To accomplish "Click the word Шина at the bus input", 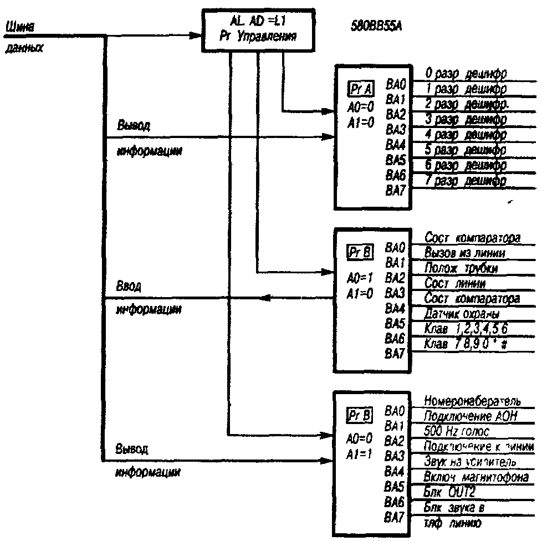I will (x=19, y=25).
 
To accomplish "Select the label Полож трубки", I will (x=461, y=268).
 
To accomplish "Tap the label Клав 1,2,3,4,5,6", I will (x=466, y=329).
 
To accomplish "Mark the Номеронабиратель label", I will (x=471, y=400).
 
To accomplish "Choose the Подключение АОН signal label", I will (x=471, y=416).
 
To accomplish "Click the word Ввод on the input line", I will (x=129, y=287).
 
